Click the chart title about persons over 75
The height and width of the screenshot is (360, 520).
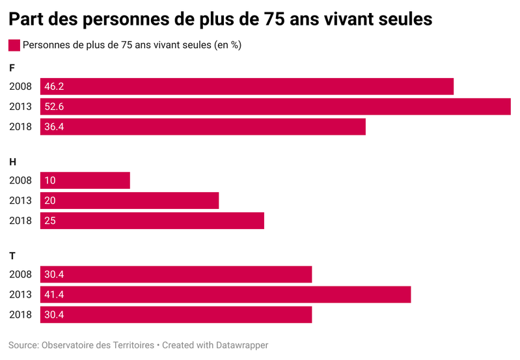(221, 20)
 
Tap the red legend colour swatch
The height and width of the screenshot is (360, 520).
(14, 46)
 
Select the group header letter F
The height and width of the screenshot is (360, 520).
(12, 68)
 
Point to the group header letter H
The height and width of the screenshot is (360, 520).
(12, 161)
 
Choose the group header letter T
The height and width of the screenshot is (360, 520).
(12, 256)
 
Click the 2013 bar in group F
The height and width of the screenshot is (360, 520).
(275, 107)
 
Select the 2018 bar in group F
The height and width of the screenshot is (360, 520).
(203, 127)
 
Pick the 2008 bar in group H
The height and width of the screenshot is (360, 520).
(85, 180)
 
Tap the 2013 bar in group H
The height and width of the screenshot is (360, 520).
(130, 201)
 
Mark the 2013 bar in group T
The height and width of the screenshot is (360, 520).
(225, 295)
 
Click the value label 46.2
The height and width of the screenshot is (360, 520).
(53, 87)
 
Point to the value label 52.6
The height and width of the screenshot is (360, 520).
(53, 107)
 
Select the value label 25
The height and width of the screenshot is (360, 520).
(50, 221)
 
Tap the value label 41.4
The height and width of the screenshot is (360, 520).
(53, 295)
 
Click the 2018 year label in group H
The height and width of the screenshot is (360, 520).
(20, 221)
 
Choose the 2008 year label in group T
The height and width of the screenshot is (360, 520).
(20, 275)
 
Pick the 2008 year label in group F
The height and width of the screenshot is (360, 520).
(20, 87)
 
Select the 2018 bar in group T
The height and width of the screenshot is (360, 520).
(176, 315)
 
